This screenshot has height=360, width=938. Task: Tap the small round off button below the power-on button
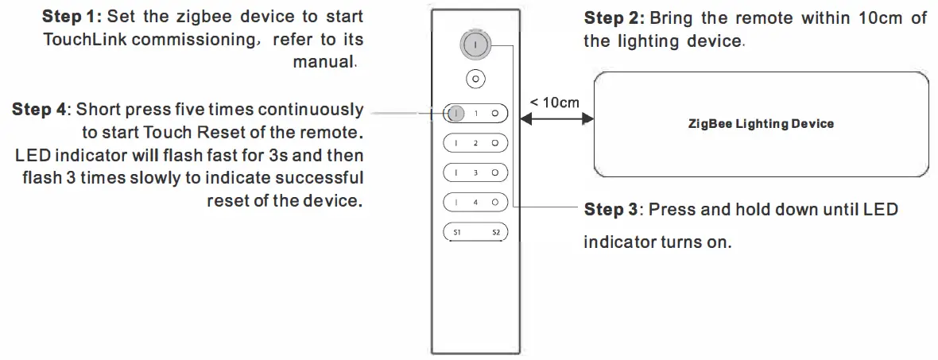[475, 79]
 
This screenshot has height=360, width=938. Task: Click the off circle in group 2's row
[494, 143]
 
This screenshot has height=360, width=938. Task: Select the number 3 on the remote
[475, 172]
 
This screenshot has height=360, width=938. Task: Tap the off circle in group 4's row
[494, 203]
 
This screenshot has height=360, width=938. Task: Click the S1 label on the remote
[457, 233]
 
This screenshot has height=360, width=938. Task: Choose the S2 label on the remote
[494, 233]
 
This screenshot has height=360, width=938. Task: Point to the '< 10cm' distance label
[554, 102]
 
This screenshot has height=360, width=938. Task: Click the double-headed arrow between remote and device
[556, 119]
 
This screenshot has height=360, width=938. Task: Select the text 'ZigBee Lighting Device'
[761, 124]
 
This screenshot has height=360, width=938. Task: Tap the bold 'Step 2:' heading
[614, 18]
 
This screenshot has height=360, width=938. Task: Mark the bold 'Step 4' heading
[39, 110]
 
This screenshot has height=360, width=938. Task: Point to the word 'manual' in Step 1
[323, 62]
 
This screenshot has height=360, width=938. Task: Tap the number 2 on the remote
[475, 143]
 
